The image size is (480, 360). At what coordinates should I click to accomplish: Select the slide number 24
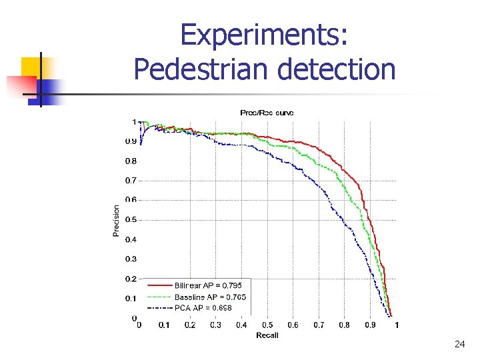(x=459, y=344)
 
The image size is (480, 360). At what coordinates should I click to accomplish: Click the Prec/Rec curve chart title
(x=267, y=113)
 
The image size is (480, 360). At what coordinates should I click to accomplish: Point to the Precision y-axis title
(x=117, y=220)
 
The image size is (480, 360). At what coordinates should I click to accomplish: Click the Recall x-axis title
(x=267, y=335)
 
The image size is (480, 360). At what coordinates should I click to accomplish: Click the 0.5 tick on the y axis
(x=131, y=220)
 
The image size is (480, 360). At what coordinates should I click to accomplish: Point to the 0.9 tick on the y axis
(x=131, y=141)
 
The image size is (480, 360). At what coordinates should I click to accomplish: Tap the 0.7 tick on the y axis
(x=131, y=181)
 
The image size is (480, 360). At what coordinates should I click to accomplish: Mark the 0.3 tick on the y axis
(x=131, y=259)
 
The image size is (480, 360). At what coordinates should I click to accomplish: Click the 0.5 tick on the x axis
(x=267, y=325)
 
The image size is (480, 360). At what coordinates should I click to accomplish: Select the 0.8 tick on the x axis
(x=344, y=325)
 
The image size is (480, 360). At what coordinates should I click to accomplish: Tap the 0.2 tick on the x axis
(x=190, y=325)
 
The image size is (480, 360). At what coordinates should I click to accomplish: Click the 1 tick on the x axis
(x=397, y=325)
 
